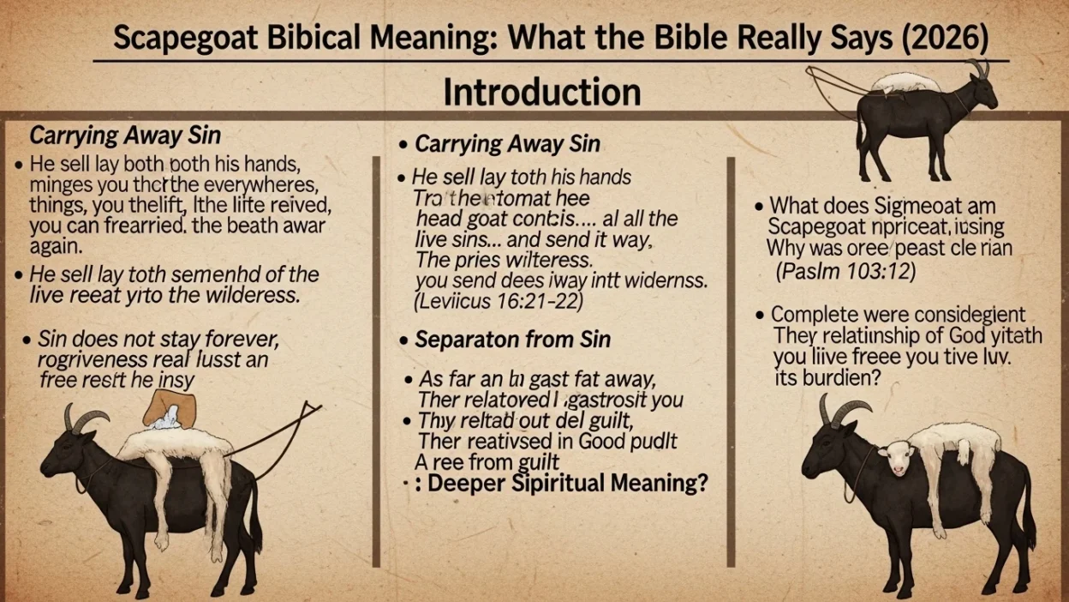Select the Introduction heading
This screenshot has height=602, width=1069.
tap(541, 92)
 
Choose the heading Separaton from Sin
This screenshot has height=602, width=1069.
tap(512, 340)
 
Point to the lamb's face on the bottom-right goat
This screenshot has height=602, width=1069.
tap(897, 459)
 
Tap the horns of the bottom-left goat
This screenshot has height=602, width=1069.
tap(86, 418)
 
